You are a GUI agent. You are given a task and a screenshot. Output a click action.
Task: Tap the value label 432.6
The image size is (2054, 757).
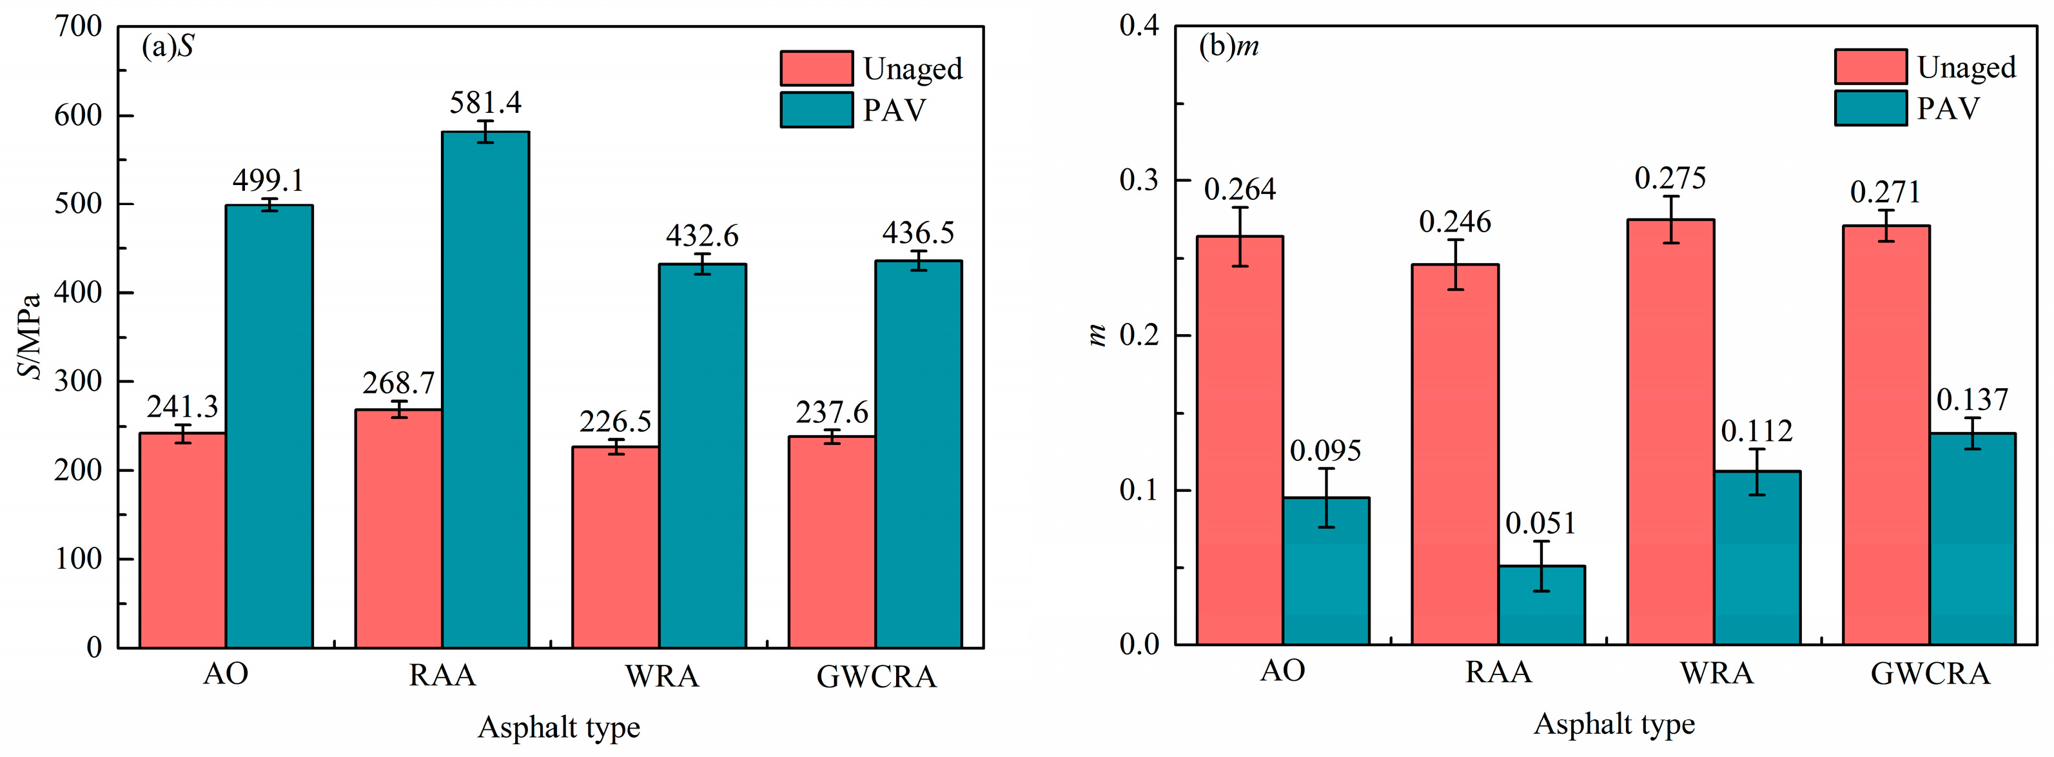(701, 235)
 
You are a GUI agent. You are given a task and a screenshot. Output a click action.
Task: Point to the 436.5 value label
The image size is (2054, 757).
(918, 232)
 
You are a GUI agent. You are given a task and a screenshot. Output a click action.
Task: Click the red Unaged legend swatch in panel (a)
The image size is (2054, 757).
(816, 68)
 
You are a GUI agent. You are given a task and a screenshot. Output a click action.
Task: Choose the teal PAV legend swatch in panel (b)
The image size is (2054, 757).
(1870, 108)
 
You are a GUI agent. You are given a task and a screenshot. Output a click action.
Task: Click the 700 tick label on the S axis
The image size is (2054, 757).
(78, 26)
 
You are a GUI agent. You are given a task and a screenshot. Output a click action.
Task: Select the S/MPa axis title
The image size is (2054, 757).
(30, 337)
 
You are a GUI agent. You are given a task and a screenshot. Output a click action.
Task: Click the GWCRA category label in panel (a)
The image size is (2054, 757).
(876, 676)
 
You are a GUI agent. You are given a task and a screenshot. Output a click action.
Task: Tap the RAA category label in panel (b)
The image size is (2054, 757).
(1498, 672)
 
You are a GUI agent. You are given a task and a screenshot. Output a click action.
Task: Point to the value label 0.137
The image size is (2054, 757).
(1972, 399)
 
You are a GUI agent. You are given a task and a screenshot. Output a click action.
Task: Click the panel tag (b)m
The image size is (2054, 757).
(1229, 46)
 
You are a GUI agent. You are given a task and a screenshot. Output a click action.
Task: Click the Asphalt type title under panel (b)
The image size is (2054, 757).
(1614, 723)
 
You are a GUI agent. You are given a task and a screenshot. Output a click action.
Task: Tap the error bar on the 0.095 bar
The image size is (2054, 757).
(1326, 498)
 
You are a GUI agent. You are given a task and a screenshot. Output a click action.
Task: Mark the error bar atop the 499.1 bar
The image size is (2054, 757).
(269, 205)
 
